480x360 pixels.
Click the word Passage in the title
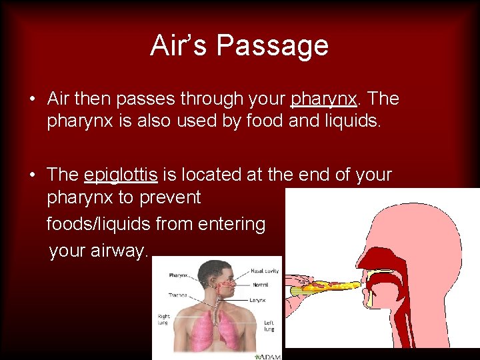pos(272,45)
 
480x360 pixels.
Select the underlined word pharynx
pos(325,99)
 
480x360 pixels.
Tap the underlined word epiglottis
pos(121,175)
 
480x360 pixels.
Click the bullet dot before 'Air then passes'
pos(32,99)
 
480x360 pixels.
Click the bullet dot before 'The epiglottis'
pos(32,175)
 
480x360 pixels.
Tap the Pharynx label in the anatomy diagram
pos(178,275)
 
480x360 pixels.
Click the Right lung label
pos(164,320)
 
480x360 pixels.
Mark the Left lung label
pos(270,326)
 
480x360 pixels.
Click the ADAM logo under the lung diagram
pos(271,356)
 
